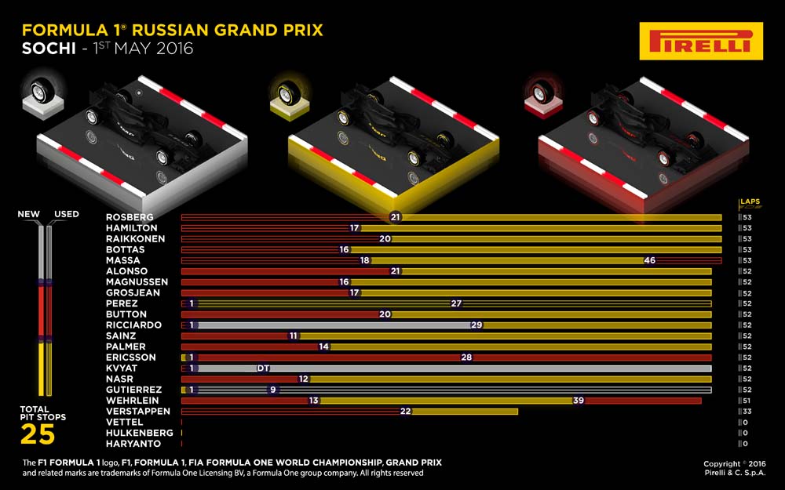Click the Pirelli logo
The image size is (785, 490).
click(x=701, y=41)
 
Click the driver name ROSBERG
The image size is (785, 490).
click(x=130, y=217)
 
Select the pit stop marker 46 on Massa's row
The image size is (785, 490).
click(x=649, y=260)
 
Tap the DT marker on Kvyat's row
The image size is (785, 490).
click(x=263, y=368)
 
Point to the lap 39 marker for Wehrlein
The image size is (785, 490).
click(x=579, y=401)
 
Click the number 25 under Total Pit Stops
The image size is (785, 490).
click(x=38, y=434)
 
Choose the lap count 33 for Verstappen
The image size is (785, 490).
click(x=747, y=412)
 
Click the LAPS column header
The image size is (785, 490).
click(x=750, y=201)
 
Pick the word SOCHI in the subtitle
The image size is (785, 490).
click(x=49, y=49)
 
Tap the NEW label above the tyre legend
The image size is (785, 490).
click(x=28, y=214)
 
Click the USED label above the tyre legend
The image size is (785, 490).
click(x=67, y=214)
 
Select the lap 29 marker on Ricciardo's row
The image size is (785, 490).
click(x=476, y=325)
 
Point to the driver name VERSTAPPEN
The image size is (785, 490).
click(x=138, y=411)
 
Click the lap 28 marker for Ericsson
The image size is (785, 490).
click(x=466, y=358)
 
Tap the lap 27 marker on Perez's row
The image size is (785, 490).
click(x=456, y=303)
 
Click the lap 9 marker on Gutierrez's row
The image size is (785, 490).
click(x=273, y=390)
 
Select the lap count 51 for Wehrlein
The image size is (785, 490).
click(x=747, y=401)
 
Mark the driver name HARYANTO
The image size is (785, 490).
click(x=133, y=444)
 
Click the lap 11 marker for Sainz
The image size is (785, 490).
click(x=294, y=336)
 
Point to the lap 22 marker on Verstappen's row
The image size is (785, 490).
click(x=405, y=412)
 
